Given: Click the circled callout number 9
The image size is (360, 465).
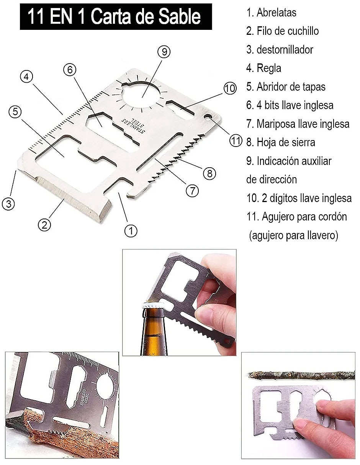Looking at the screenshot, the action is tap(164, 52).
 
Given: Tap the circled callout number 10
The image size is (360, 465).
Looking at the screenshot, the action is tap(230, 88).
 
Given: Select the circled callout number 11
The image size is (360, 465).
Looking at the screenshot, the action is tap(236, 140).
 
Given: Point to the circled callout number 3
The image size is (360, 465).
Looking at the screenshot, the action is tap(8, 204).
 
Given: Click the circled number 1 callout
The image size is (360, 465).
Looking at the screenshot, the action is tap(131, 231).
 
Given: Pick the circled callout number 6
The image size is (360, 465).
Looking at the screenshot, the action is tap(70, 70).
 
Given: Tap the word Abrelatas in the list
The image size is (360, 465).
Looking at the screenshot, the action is tap(276, 12).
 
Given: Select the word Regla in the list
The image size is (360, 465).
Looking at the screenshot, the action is tap(269, 68).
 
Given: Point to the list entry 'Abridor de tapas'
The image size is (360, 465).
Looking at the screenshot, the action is tap(291, 86).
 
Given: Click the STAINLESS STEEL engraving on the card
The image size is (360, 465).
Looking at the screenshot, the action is tap(134, 126).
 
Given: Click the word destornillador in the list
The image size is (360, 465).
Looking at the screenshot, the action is tap(285, 50).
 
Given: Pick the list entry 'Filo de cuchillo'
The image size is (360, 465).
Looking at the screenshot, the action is tap(288, 31).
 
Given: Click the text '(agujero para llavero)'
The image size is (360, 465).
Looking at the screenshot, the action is tap(294, 235).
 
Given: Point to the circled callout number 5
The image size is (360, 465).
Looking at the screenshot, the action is tap(15, 112).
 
